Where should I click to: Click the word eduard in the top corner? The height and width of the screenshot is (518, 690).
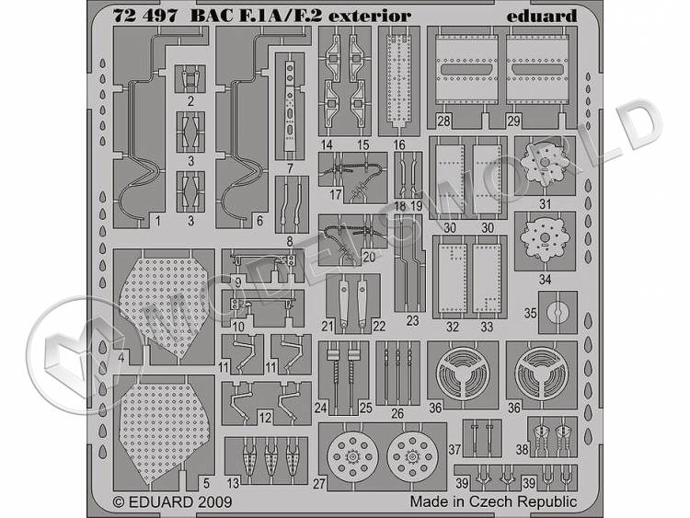(x=541, y=17)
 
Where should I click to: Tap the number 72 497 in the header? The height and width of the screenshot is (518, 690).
(x=145, y=17)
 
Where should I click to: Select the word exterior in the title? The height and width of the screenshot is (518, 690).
(x=370, y=17)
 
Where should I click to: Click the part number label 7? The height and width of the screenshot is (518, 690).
(x=290, y=167)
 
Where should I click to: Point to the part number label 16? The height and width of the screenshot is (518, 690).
(x=399, y=144)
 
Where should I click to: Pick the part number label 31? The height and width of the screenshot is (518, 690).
(x=546, y=204)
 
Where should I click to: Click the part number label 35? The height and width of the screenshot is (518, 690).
(x=530, y=313)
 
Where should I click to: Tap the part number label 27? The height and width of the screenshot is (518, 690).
(x=319, y=484)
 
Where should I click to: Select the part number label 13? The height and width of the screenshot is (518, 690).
(x=233, y=483)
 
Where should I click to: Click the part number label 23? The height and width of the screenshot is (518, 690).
(x=412, y=321)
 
